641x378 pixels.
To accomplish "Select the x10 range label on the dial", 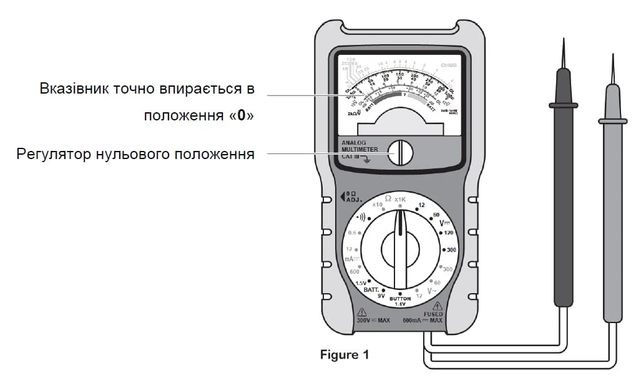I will (x=377, y=205).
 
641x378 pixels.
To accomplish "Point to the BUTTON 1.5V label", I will (x=400, y=301).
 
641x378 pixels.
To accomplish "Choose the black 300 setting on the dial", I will (x=452, y=250).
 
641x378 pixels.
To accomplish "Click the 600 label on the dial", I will (x=355, y=271).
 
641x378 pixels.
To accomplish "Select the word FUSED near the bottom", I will (x=433, y=314).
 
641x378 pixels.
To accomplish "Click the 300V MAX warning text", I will (x=373, y=320).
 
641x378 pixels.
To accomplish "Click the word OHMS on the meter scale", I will (x=449, y=65).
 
